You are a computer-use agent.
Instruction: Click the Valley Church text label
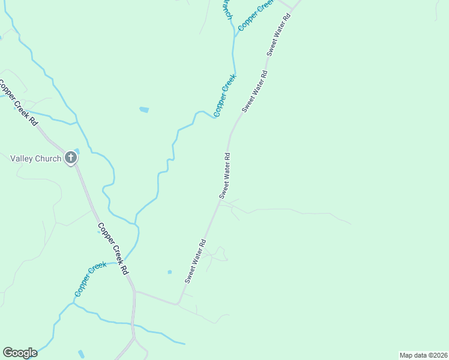tap(36, 158)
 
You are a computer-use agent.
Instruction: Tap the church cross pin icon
tap(71, 158)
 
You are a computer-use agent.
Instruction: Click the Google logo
tap(20, 353)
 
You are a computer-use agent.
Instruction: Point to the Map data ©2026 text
tap(423, 355)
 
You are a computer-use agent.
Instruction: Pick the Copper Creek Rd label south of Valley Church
tap(113, 249)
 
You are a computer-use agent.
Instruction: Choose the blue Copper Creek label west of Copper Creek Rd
tap(91, 279)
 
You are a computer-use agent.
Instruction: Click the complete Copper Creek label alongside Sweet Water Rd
tap(225, 95)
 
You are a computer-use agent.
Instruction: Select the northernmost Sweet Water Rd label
tap(279, 34)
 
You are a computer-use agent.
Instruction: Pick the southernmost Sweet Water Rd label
tap(196, 261)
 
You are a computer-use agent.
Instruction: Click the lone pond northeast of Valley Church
tap(143, 110)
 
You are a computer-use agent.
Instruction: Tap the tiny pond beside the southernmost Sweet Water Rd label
tap(169, 272)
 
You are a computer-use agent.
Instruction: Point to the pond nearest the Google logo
tap(81, 353)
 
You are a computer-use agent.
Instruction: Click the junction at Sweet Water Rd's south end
tap(177, 304)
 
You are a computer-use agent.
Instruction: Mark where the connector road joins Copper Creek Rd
tap(135, 292)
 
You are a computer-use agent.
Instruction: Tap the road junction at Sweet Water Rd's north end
tap(292, 8)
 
